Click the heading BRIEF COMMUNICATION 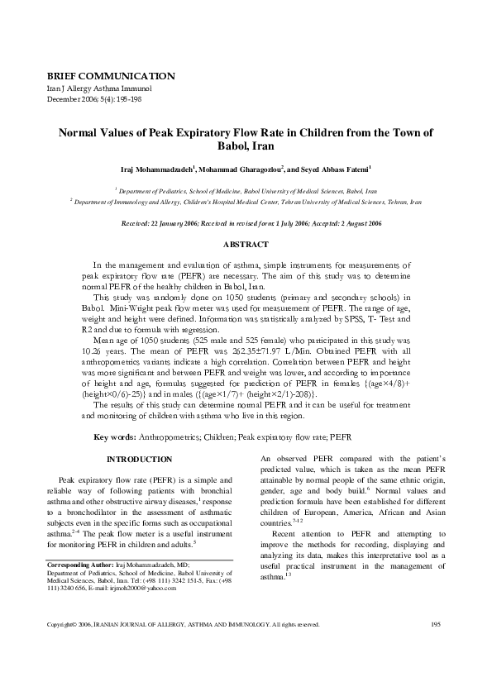[110, 75]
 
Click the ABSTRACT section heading [246, 245]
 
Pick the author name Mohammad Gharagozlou [241, 169]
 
